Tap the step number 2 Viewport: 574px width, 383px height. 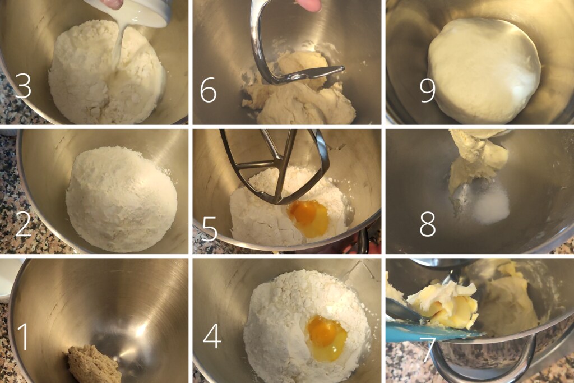[23, 224]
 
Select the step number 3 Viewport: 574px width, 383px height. [23, 85]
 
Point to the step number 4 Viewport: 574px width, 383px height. [212, 336]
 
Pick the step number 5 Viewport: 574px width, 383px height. [210, 228]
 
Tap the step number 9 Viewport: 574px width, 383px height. [428, 90]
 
